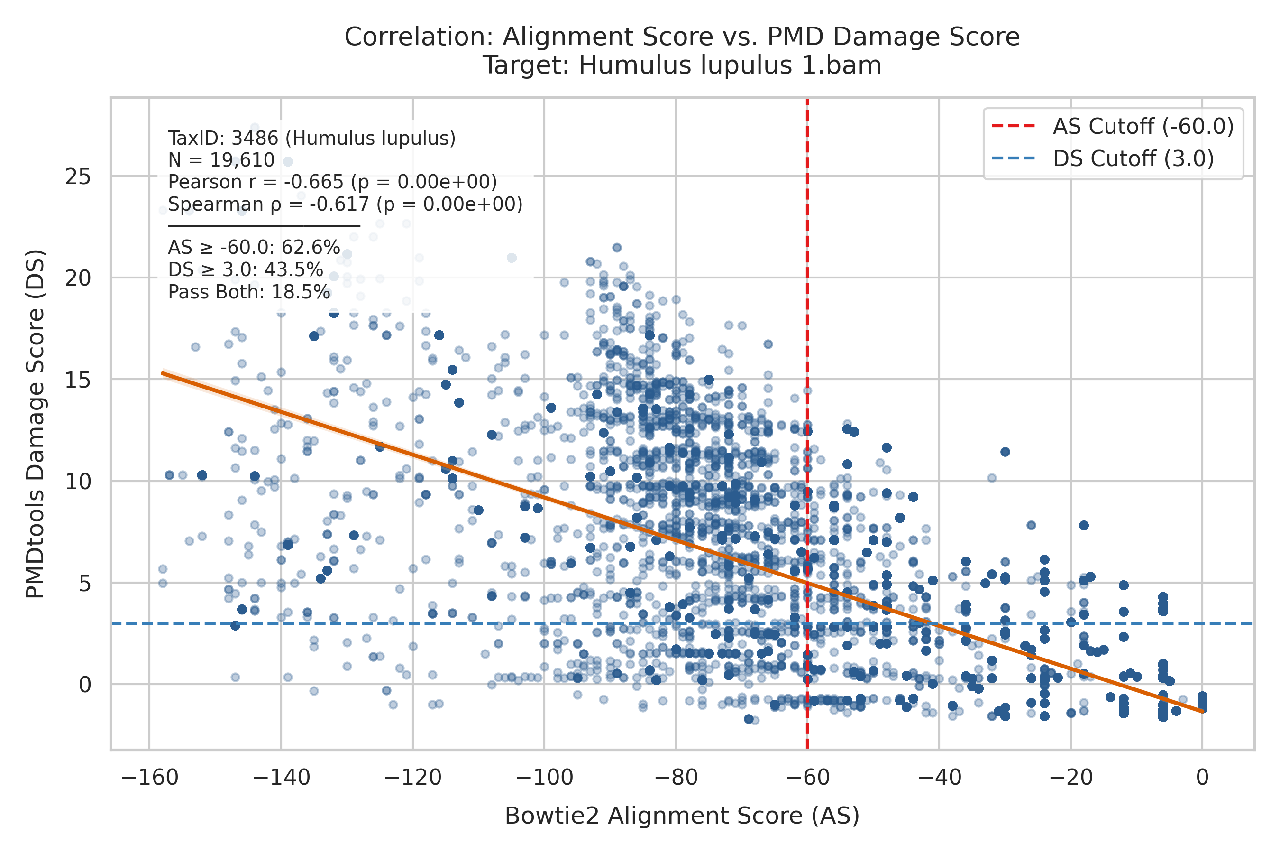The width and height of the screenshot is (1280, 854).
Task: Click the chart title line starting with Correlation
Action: pos(682,37)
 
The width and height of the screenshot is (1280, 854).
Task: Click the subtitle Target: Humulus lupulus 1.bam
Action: pos(682,65)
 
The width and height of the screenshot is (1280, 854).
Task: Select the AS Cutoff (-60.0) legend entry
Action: pos(1113,126)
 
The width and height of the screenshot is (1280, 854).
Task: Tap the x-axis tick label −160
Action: pos(150,777)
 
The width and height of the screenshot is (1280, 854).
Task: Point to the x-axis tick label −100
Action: pos(544,777)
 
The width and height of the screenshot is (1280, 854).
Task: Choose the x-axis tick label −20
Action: pos(1070,777)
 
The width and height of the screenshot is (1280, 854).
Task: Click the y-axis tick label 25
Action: pos(78,176)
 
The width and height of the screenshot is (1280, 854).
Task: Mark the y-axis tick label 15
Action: pos(78,380)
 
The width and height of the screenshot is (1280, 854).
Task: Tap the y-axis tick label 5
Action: pos(84,583)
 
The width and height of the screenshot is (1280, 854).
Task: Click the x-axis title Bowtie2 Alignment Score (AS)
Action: pos(682,816)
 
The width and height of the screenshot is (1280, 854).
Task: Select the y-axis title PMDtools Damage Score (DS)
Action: pos(36,424)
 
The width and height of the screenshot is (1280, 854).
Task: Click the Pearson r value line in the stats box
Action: pos(332,182)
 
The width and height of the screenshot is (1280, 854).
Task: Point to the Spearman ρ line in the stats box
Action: pos(345,204)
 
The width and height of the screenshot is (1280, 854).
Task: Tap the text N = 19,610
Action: pos(221,160)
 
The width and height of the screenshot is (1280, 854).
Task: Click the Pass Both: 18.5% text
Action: pos(249,292)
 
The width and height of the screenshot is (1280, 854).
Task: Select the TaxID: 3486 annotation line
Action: pos(312,139)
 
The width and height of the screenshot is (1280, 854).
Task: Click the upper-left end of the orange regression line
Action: pos(162,373)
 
